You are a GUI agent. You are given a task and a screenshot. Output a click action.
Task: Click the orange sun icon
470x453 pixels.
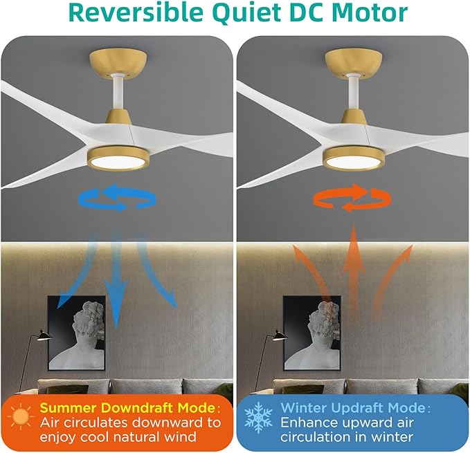pos(21,417)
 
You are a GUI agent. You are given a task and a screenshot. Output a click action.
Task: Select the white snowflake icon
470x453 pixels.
pos(257,418)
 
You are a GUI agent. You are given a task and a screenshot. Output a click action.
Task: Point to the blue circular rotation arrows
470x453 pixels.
pos(117,198)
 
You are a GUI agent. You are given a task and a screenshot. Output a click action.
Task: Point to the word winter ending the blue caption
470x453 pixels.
pos(392,437)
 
